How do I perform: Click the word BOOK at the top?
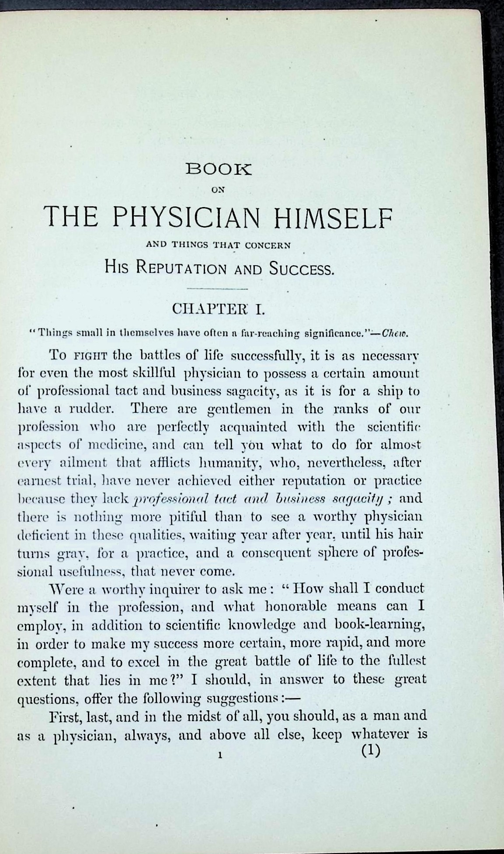tap(219, 170)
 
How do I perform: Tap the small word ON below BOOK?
tap(217, 190)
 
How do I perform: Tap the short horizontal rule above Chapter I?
tap(217, 289)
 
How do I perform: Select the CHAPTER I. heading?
tap(217, 309)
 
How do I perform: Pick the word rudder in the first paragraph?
tap(87, 409)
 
